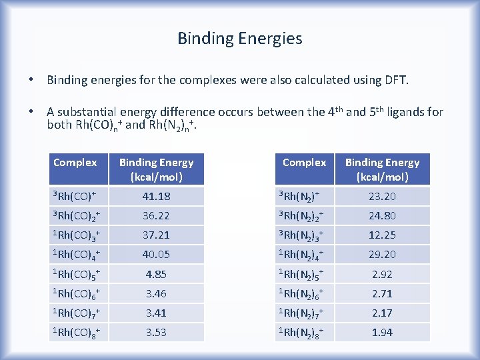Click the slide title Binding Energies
point(239,39)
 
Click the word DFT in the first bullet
point(394,81)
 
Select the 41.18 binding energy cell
point(156,196)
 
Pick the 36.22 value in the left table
point(156,215)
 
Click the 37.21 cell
point(156,235)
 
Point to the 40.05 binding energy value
point(156,254)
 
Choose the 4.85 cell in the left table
point(156,274)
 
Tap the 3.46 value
point(156,293)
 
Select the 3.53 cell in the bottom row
point(156,332)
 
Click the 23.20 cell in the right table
point(382,196)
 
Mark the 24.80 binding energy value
point(382,215)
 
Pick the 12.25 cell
point(382,235)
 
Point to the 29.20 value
point(382,254)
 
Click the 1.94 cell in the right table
point(382,332)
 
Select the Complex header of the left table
point(75,163)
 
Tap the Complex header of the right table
point(304,163)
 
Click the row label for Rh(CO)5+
point(79,275)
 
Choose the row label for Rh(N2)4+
point(304,255)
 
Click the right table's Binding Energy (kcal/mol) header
point(382,169)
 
